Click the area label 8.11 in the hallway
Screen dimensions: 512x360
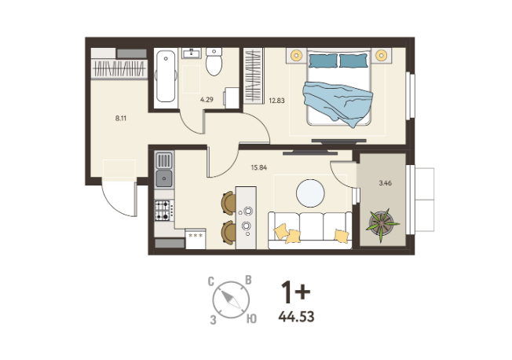click(x=121, y=119)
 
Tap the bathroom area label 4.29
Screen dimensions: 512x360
click(x=207, y=99)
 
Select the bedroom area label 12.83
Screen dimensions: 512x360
click(x=276, y=101)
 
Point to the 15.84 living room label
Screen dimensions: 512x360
click(x=259, y=167)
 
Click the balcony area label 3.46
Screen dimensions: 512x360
click(x=386, y=183)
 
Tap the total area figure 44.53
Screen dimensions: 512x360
click(x=297, y=317)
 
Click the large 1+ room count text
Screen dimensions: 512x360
click(x=295, y=292)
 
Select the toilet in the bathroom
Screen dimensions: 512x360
click(x=214, y=61)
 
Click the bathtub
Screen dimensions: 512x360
click(x=166, y=78)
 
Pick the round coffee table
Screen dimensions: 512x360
click(x=310, y=193)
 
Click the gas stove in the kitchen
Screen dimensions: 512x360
click(x=163, y=210)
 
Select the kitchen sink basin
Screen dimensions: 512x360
click(x=164, y=178)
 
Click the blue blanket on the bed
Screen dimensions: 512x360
click(x=338, y=102)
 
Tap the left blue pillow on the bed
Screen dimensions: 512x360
click(x=323, y=61)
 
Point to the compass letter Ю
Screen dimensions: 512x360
click(x=251, y=318)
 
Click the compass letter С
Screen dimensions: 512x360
click(x=211, y=281)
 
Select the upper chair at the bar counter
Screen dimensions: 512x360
click(x=229, y=203)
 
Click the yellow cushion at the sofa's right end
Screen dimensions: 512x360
click(x=342, y=236)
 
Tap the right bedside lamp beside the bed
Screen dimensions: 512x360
click(x=381, y=55)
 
